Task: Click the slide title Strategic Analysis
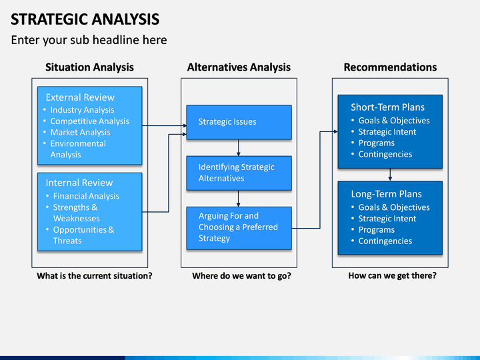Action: [85, 19]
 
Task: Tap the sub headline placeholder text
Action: [89, 40]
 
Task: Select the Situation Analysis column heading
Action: [90, 67]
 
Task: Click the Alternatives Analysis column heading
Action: [239, 67]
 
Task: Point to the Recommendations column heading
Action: [390, 67]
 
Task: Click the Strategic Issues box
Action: [239, 123]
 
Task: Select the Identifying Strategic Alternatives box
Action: [239, 173]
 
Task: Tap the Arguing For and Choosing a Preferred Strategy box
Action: [239, 229]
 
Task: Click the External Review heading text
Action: [80, 97]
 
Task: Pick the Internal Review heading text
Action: [79, 183]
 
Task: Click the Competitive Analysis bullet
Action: [90, 121]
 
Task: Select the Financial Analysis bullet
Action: [86, 196]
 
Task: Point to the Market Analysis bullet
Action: [80, 132]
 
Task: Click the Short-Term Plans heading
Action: [387, 107]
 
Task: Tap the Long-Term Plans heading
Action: [386, 194]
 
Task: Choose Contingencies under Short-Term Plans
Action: [385, 154]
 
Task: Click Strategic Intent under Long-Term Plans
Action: [387, 219]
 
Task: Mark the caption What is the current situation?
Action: [95, 276]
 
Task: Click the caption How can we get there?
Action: [393, 275]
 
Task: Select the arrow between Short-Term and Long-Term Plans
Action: [390, 175]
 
